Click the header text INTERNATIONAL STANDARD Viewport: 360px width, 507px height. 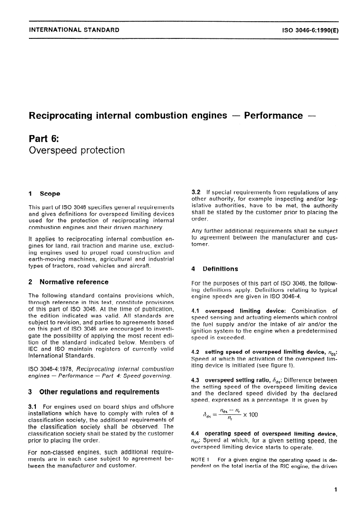pos(74,30)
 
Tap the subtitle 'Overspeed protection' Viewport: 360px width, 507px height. pos(76,150)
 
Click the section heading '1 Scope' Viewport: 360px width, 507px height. pos(44,194)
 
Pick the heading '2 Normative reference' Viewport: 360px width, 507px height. pos(68,282)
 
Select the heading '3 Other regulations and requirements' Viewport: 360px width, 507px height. pos(94,391)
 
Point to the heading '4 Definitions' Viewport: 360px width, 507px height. pos(215,269)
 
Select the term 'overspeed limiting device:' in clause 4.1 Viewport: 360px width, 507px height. pos(246,310)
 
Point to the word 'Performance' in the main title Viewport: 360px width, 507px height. pos(277,116)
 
